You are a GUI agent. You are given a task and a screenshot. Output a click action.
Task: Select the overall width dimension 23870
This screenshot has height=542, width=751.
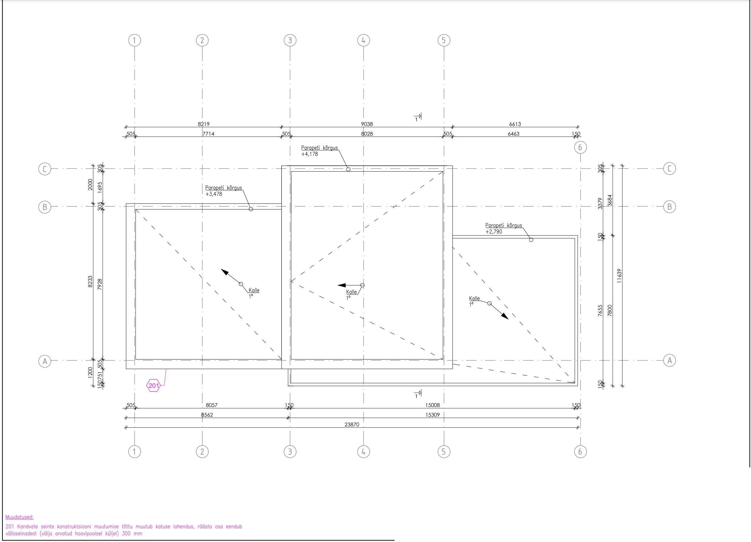pyautogui.click(x=352, y=424)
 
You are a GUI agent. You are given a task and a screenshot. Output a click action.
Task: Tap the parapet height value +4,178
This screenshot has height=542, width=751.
pyautogui.click(x=310, y=154)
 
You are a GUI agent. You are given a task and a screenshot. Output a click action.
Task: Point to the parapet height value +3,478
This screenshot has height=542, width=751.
pyautogui.click(x=214, y=194)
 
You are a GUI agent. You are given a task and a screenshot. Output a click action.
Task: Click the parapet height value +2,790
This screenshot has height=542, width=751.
pyautogui.click(x=494, y=232)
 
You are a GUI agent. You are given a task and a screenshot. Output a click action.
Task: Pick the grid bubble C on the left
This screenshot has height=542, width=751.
pyautogui.click(x=45, y=169)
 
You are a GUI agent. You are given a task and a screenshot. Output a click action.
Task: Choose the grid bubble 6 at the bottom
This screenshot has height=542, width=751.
pyautogui.click(x=580, y=452)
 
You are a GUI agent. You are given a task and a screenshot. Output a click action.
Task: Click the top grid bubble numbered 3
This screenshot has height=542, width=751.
pyautogui.click(x=290, y=40)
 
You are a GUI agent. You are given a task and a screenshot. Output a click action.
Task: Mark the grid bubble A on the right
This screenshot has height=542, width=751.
pyautogui.click(x=669, y=361)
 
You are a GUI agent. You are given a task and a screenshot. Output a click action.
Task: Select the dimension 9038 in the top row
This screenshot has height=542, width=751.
pyautogui.click(x=367, y=124)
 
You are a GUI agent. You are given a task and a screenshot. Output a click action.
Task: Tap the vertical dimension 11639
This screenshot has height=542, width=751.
pyautogui.click(x=619, y=276)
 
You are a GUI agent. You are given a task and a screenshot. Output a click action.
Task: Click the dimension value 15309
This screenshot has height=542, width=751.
pyautogui.click(x=433, y=415)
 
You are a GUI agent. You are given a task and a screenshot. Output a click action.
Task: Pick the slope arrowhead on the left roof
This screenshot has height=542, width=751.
pyautogui.click(x=225, y=273)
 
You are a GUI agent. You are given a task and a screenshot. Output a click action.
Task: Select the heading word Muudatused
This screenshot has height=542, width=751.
pyautogui.click(x=19, y=517)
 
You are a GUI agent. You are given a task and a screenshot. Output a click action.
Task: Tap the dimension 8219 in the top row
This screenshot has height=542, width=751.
pyautogui.click(x=204, y=124)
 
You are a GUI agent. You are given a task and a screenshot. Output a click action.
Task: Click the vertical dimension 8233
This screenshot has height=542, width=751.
pyautogui.click(x=90, y=282)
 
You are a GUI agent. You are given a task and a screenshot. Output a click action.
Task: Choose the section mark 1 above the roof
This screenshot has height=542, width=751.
pyautogui.click(x=418, y=117)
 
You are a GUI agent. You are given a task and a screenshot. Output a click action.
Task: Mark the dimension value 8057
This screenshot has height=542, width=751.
pyautogui.click(x=212, y=405)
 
